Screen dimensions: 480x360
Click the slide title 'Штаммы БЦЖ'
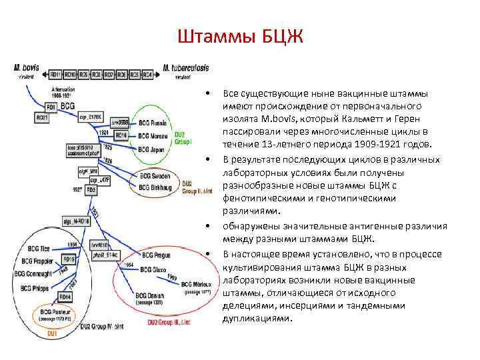240,35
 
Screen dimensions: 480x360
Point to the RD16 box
121,136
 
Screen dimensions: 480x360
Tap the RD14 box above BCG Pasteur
65,296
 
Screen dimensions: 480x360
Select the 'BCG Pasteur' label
58,311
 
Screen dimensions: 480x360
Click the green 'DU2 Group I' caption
183,138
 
